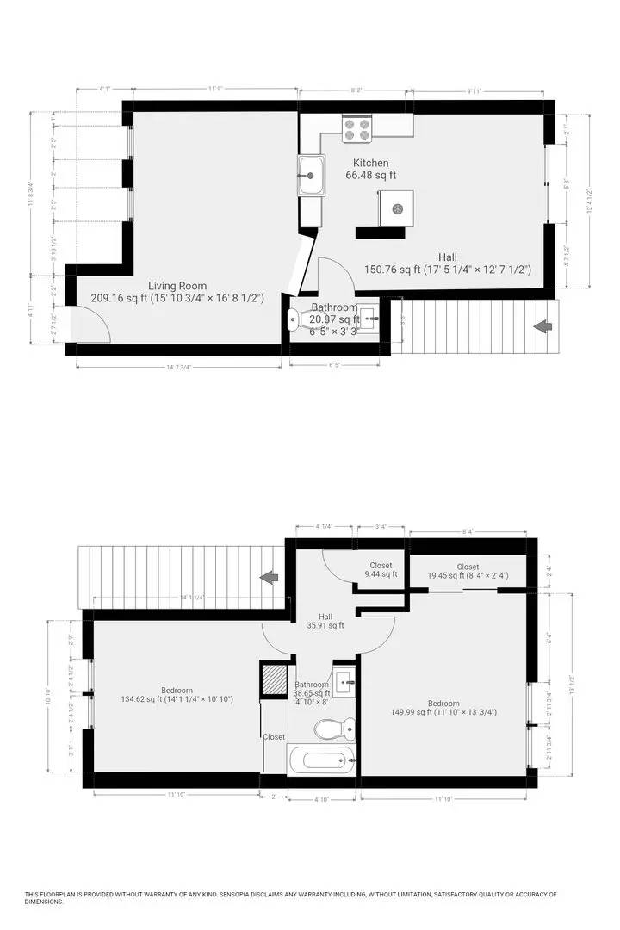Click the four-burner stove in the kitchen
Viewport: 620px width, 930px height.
pyautogui.click(x=356, y=129)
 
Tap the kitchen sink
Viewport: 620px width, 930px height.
pyautogui.click(x=311, y=177)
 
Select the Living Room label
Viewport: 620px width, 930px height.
pyautogui.click(x=177, y=292)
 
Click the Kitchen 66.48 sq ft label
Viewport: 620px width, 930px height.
pyautogui.click(x=370, y=169)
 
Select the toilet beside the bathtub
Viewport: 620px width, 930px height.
pyautogui.click(x=332, y=729)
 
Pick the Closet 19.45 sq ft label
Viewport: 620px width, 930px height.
pyautogui.click(x=468, y=571)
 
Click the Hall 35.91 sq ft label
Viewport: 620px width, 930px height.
pyautogui.click(x=325, y=621)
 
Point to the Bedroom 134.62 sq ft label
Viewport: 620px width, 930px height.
pyautogui.click(x=177, y=695)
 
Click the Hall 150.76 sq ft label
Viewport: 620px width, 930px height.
pyautogui.click(x=447, y=263)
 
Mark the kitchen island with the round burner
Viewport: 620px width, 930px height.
pyautogui.click(x=397, y=208)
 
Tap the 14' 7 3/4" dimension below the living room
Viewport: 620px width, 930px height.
pyautogui.click(x=177, y=368)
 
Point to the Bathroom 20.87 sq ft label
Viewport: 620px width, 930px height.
pyautogui.click(x=334, y=313)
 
